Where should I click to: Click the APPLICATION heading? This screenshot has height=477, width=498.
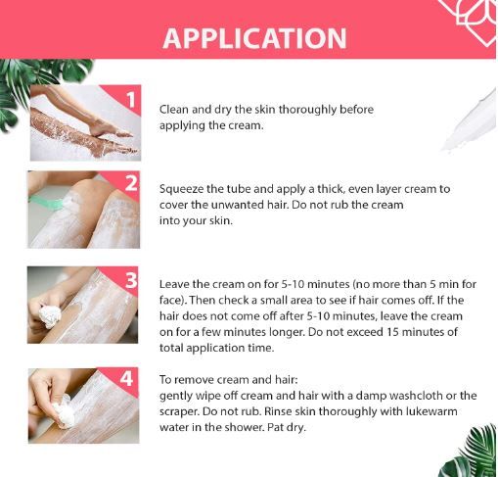(x=254, y=38)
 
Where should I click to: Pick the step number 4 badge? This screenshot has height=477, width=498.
(x=126, y=378)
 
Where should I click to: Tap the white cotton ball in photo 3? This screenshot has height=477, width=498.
(x=51, y=315)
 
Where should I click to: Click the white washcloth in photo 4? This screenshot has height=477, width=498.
(x=62, y=410)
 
